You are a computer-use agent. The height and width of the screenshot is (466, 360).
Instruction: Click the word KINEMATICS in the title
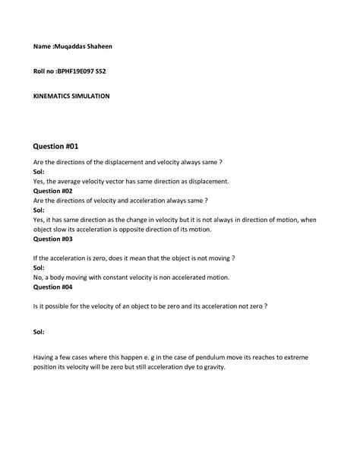53,97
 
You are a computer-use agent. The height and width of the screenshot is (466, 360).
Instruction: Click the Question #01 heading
56,146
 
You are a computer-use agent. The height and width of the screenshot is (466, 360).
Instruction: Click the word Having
44,357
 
